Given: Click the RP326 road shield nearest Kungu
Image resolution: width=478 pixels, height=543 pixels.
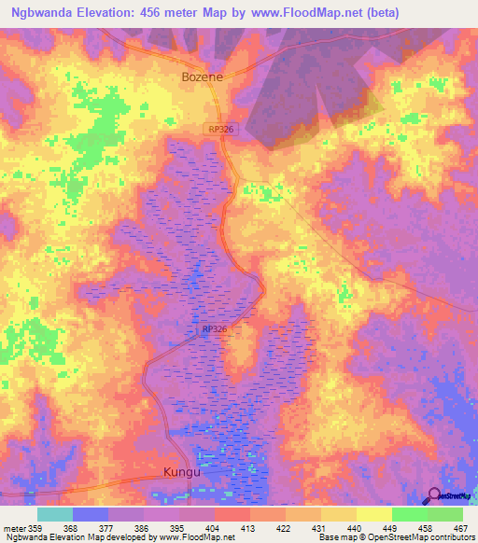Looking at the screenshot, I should (214, 329).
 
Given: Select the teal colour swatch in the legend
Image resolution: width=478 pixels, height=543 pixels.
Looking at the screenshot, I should (55, 514).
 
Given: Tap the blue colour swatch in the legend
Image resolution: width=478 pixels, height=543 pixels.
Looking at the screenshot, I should (91, 514).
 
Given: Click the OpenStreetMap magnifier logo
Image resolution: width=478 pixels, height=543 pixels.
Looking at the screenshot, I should (434, 495).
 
